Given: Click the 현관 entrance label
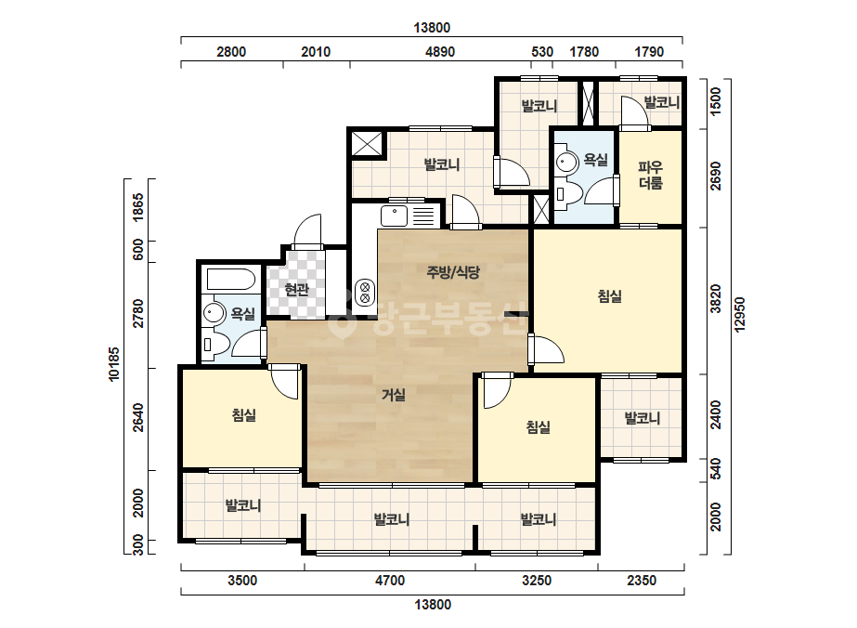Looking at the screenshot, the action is coord(296,290).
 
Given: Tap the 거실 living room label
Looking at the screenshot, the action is coord(394,395).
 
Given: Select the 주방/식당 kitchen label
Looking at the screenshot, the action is coord(453,272).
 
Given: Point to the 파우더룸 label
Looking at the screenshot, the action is coord(650,175).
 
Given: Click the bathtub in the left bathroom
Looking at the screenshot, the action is coord(231,280).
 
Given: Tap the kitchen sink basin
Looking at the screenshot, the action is coord(394,216).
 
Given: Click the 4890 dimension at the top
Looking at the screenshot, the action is coord(440,52).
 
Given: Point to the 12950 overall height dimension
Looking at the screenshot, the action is coord(739,315).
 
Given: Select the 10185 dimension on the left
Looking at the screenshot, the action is coord(114,364).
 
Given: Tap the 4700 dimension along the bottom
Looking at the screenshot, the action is coord(390,581).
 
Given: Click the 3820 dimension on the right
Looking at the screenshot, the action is coord(716,299).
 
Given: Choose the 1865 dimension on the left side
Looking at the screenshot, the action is coord(138,207).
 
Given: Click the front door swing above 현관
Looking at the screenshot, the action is coord(307,230).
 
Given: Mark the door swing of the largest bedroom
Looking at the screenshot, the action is coord(547,350).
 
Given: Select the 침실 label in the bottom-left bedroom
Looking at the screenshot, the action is coord(244,415).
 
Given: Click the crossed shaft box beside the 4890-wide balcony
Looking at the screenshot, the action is coord(367,144).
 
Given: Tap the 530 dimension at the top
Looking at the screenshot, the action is coord(542,52).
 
